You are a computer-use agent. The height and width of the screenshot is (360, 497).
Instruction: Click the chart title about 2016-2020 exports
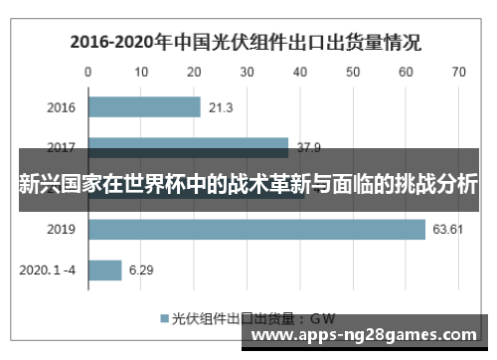pyautogui.click(x=245, y=43)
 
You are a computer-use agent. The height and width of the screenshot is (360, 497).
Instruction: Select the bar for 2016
pyautogui.click(x=144, y=107)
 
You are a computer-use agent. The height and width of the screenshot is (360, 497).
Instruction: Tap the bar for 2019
pyautogui.click(x=256, y=230)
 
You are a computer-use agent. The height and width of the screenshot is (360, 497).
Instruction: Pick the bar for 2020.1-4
pyautogui.click(x=105, y=270)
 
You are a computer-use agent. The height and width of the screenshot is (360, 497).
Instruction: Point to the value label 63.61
pyautogui.click(x=447, y=230)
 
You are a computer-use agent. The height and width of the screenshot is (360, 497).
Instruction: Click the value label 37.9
pyautogui.click(x=309, y=148)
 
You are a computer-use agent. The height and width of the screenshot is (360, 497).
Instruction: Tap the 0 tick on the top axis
pyautogui.click(x=88, y=72)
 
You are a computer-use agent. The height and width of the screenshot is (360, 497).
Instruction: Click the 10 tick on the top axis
pyautogui.click(x=141, y=72)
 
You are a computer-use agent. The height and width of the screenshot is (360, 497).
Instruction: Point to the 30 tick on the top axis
pyautogui.click(x=247, y=72)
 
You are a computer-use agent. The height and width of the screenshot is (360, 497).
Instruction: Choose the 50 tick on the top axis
pyautogui.click(x=353, y=72)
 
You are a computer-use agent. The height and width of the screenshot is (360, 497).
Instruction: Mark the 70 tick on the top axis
pyautogui.click(x=458, y=72)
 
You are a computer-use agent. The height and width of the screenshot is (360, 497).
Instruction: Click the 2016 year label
pyautogui.click(x=61, y=107)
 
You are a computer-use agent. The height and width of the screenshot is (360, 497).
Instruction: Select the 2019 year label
pyautogui.click(x=61, y=230)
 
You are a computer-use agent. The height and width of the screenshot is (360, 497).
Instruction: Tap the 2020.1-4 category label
pyautogui.click(x=48, y=270)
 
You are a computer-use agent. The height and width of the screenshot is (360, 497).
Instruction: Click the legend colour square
pyautogui.click(x=165, y=318)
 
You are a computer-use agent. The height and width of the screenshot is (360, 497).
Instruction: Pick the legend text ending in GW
pyautogui.click(x=253, y=318)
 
